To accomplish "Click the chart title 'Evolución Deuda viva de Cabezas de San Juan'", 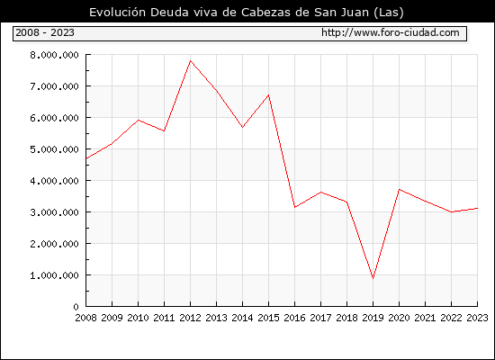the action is coord(229,12).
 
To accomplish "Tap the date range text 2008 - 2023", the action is coord(45,32).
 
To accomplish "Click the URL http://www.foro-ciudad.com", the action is coord(391,32).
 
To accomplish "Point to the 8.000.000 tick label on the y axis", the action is coord(54,55).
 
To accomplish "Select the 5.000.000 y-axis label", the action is coord(54,149).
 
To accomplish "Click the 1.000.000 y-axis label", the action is coord(54,275).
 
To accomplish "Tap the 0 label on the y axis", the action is coord(76,307).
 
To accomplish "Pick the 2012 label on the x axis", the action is coord(190,318).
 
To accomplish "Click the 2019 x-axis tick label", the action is coord(373,318).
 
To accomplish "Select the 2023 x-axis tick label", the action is coord(477,318).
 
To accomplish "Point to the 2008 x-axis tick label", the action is coord(85,318).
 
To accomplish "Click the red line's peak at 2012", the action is coord(191,60).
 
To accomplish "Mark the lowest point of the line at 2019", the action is coord(373,278).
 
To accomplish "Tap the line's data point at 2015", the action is coord(269,94).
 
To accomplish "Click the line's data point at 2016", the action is coord(295,207).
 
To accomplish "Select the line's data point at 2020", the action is coord(400,190).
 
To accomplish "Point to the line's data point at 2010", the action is coord(139,120).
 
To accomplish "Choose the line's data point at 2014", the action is coord(242,127).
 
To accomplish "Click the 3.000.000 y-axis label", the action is coord(54,212).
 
